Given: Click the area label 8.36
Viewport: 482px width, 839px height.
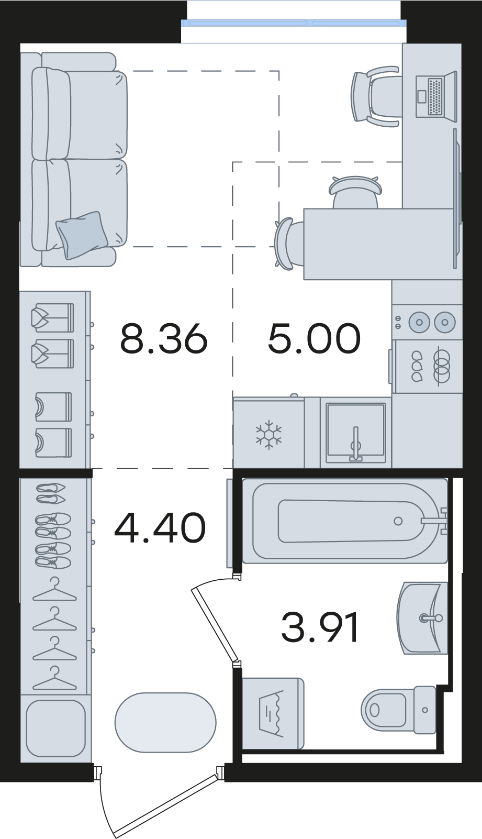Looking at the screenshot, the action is [x=163, y=339].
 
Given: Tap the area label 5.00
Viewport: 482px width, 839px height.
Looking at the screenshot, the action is [x=315, y=339].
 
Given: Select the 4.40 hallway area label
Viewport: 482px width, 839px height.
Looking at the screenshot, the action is [x=160, y=528].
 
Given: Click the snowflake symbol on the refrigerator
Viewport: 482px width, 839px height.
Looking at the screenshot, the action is [x=268, y=435].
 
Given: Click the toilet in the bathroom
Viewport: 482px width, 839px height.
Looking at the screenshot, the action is [x=399, y=710].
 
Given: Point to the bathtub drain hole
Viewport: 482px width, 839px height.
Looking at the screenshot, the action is [x=398, y=521].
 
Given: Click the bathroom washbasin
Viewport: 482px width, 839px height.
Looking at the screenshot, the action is [x=423, y=619].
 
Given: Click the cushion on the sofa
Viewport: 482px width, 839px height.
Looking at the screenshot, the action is [x=82, y=235].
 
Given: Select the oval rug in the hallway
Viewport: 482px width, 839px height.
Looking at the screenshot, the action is [x=165, y=723].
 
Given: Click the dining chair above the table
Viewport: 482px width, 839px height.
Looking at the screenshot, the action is [x=356, y=192].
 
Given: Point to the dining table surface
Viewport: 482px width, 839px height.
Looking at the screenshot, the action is [x=378, y=244].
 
